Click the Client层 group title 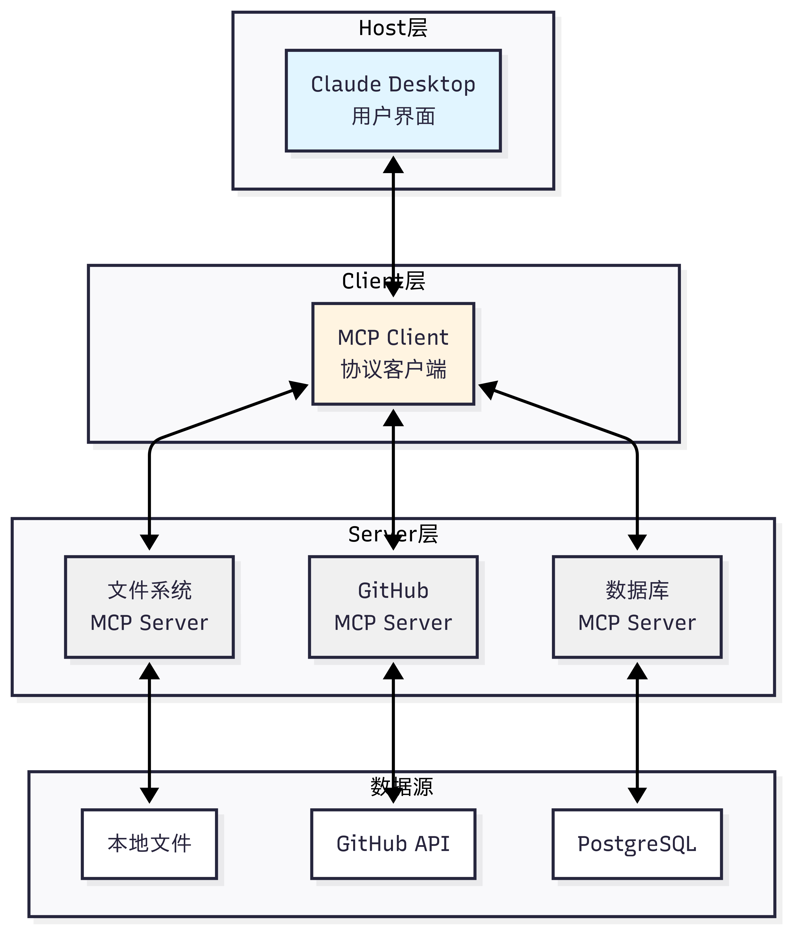383,281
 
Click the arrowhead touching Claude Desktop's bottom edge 393,165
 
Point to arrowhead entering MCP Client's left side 299,389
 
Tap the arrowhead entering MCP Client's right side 488,389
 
